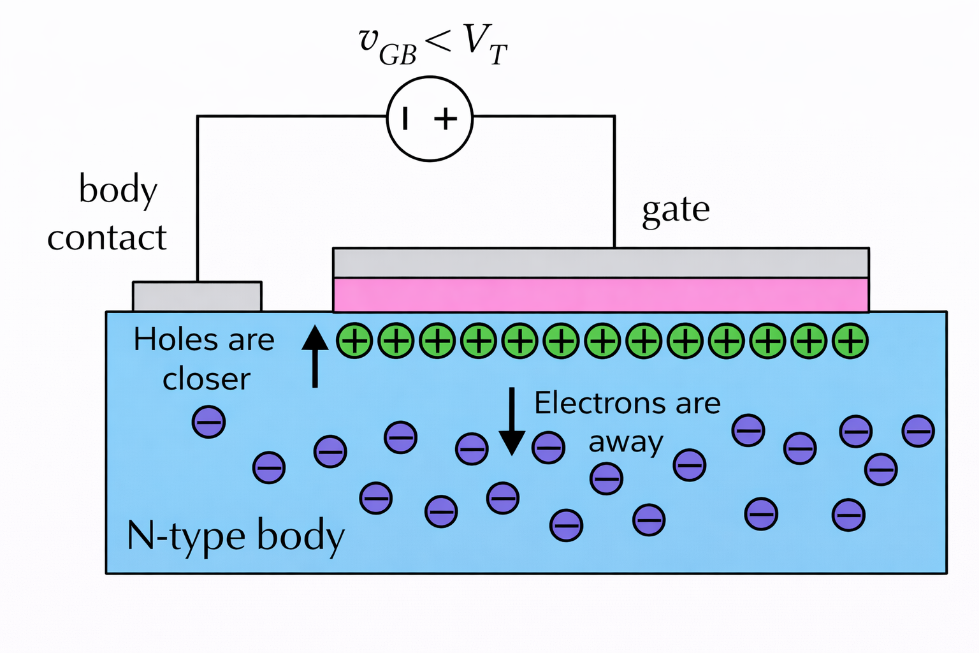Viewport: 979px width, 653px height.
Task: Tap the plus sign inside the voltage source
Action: (446, 119)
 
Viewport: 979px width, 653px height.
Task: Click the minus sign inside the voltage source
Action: (405, 119)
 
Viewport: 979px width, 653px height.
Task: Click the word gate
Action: (676, 210)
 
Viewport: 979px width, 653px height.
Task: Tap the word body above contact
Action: (118, 190)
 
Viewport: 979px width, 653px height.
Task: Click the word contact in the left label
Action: (107, 238)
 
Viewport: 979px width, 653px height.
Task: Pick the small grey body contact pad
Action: (197, 297)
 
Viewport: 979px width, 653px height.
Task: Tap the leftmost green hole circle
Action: (354, 341)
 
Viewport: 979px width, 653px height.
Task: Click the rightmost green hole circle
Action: (850, 341)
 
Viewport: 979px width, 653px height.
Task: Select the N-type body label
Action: (235, 535)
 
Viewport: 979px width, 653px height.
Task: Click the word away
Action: (626, 442)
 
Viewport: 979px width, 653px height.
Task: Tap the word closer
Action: (207, 379)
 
